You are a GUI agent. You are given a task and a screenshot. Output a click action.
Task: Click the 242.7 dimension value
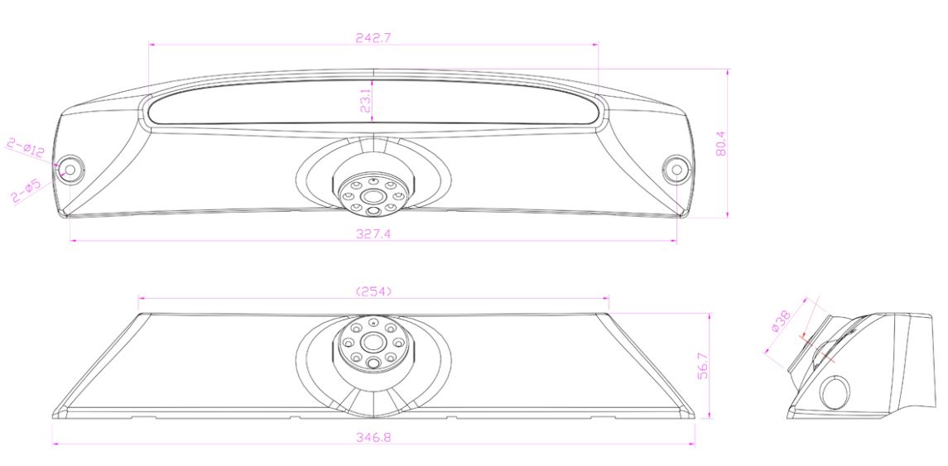click(373, 37)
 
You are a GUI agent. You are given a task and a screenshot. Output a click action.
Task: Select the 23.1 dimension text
click(365, 98)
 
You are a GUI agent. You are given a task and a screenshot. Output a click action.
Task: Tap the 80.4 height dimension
click(720, 145)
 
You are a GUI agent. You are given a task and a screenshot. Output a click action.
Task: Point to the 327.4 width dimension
click(373, 234)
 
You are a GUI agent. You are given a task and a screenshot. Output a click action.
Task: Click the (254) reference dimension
click(373, 291)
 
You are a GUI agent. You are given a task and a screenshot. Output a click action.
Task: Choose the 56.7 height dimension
click(703, 366)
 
